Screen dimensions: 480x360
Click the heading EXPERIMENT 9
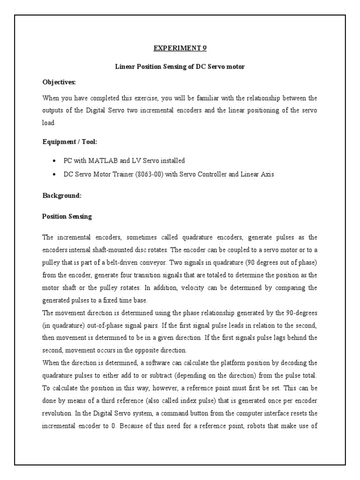coord(180,48)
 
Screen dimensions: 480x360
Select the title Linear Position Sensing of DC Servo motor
coord(180,67)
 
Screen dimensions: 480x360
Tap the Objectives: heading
coord(59,82)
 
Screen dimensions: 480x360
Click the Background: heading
coord(62,196)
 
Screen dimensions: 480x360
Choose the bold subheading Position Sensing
coord(67,217)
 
